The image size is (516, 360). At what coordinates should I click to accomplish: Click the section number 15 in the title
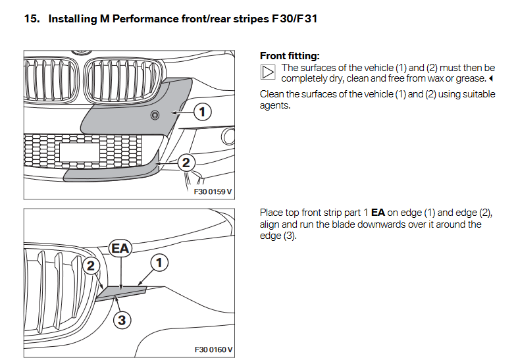[x=31, y=18]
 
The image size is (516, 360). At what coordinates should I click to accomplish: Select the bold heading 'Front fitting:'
[x=290, y=56]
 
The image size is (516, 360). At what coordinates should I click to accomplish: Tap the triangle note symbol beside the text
[x=268, y=72]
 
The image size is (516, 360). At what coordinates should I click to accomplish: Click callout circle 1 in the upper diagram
[x=203, y=113]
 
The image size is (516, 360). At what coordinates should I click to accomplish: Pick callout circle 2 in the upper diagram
[x=186, y=162]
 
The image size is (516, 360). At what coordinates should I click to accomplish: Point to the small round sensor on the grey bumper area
[x=155, y=116]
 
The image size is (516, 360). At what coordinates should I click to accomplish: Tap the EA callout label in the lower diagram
[x=120, y=249]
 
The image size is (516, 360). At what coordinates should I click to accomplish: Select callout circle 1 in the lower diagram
[x=159, y=263]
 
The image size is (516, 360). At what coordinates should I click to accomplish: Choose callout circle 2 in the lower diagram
[x=91, y=266]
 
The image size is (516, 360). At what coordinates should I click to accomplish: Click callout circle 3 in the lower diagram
[x=120, y=321]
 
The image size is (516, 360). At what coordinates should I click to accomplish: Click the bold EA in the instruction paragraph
[x=378, y=213]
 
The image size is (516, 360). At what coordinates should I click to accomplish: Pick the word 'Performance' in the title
[x=143, y=18]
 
